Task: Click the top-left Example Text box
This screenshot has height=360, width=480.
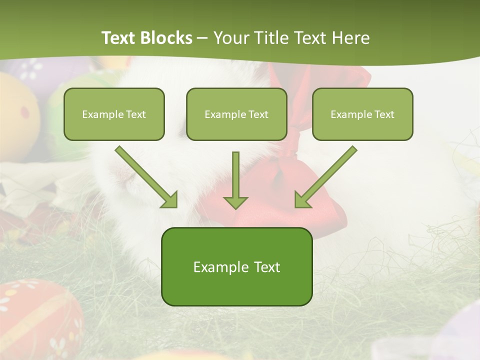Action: tap(114, 114)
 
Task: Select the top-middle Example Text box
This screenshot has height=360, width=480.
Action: tap(236, 114)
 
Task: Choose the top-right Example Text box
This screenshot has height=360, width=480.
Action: tap(362, 114)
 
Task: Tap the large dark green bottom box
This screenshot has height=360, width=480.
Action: tap(236, 266)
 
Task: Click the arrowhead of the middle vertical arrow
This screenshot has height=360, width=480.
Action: tap(235, 201)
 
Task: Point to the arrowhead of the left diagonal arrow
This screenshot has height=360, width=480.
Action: tap(170, 199)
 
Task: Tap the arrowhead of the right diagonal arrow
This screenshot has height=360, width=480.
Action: tap(302, 199)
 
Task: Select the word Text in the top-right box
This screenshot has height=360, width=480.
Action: tap(384, 114)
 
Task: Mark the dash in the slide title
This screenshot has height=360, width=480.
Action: tap(202, 38)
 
